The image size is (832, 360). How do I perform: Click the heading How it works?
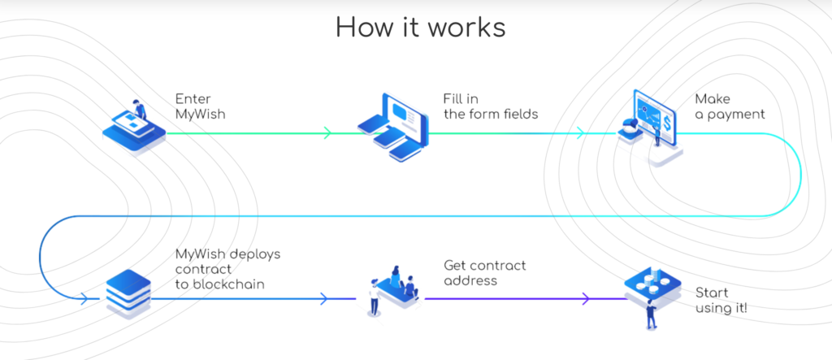420,27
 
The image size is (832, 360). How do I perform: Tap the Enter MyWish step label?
200,106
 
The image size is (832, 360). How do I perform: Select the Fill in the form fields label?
491,106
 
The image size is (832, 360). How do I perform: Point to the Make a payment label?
730,106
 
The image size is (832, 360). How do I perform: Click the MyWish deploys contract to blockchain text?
227,269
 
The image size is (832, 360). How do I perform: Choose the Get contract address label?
484,272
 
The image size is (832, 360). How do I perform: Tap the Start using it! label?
721,300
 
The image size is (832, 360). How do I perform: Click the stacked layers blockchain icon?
128,293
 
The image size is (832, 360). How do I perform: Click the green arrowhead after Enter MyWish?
327,132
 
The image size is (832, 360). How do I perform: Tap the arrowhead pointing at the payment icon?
580,132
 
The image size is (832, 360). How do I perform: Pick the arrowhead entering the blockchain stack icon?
84,299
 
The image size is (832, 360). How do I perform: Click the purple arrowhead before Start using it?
585,299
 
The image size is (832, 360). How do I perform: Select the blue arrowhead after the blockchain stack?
323,299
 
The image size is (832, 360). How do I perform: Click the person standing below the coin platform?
651,314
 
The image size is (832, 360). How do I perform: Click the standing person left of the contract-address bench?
375,297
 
